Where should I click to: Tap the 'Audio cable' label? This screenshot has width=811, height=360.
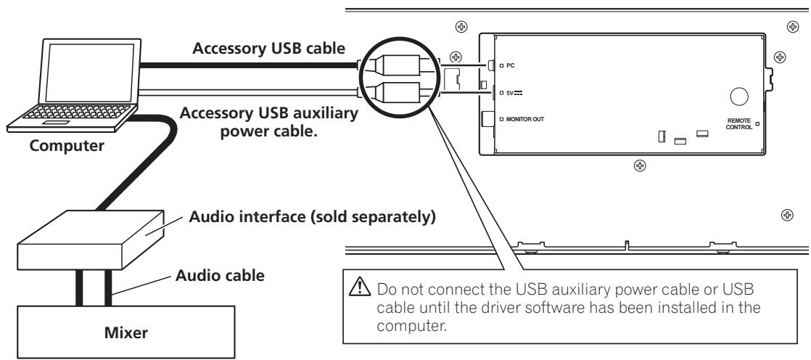click(221, 276)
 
